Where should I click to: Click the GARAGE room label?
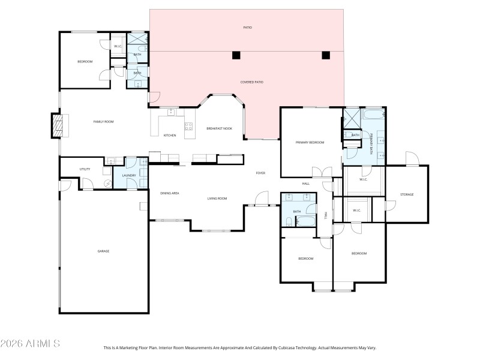click(103, 251)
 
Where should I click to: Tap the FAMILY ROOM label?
click(103, 122)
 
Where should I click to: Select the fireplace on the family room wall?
click(58, 125)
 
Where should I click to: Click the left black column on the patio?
click(236, 55)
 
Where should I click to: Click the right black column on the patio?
click(326, 55)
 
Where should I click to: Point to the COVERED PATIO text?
click(252, 82)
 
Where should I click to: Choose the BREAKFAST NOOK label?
click(219, 128)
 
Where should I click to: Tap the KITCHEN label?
click(170, 136)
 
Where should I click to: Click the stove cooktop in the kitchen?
click(188, 127)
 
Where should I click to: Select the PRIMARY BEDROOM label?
click(310, 143)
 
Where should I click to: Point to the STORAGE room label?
click(407, 194)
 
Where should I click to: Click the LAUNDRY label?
click(129, 176)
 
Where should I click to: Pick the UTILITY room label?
click(85, 169)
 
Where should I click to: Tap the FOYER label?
click(260, 173)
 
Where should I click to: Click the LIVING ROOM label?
click(217, 198)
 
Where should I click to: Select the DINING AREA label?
click(169, 193)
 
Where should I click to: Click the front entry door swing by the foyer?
click(262, 198)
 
